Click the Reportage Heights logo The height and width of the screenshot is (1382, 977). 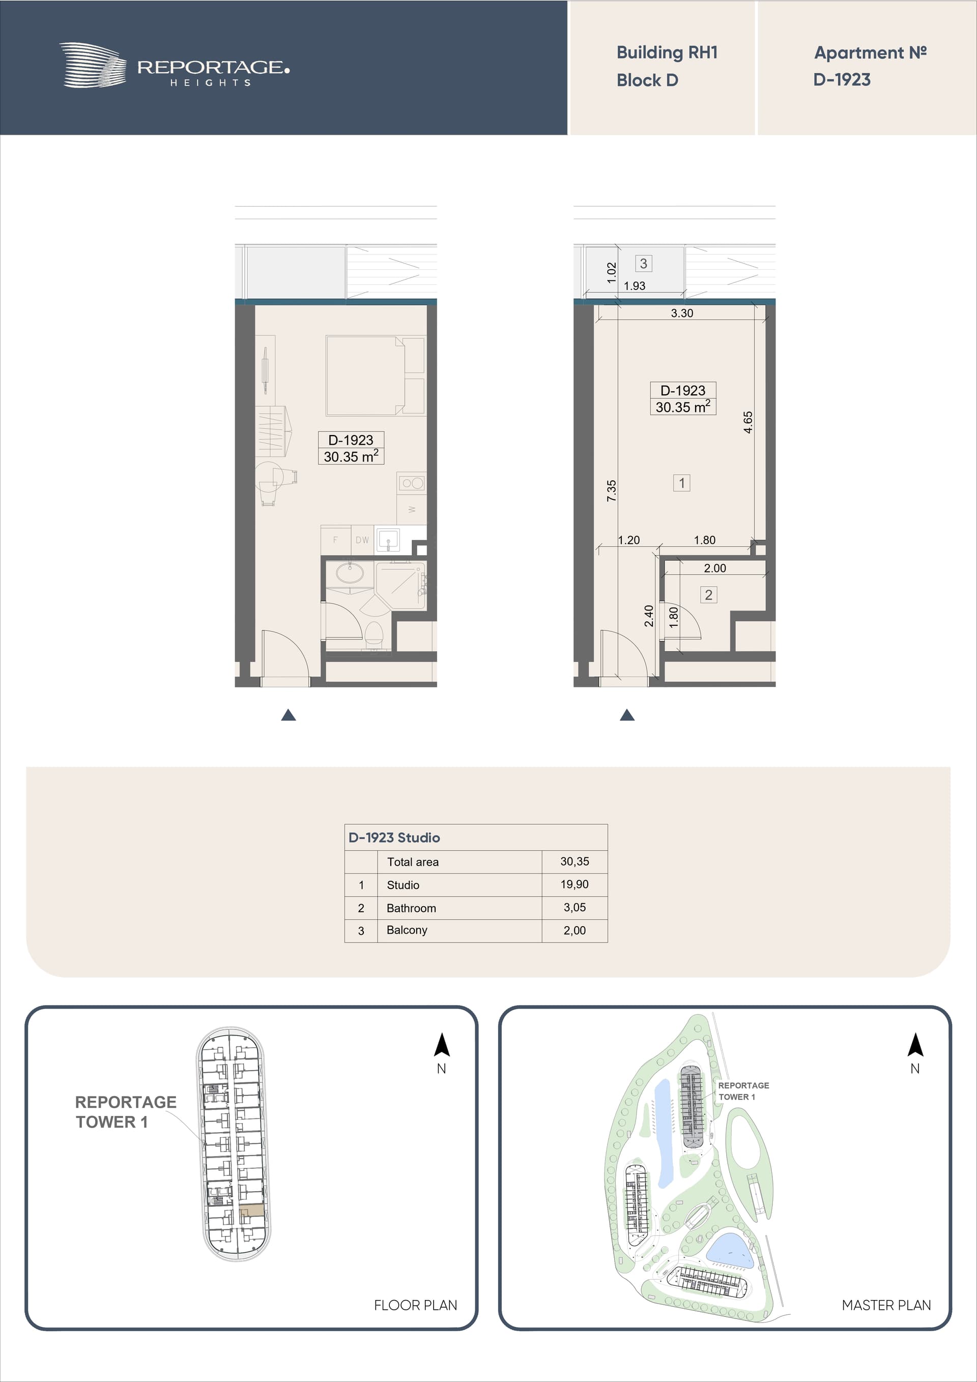pyautogui.click(x=174, y=66)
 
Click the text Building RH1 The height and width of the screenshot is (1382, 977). pyautogui.click(x=667, y=53)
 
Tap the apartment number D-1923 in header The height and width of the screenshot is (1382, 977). pyautogui.click(x=842, y=80)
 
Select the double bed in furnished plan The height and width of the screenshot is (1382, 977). pyautogui.click(x=375, y=376)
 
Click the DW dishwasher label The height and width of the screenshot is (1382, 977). pyautogui.click(x=362, y=540)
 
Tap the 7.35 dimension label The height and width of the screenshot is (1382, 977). pyautogui.click(x=611, y=491)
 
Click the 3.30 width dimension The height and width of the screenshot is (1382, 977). pyautogui.click(x=682, y=313)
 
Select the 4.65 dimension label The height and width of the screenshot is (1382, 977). pyautogui.click(x=748, y=422)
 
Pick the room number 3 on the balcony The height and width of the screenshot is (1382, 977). pyautogui.click(x=644, y=264)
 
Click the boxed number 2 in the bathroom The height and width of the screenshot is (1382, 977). pyautogui.click(x=708, y=595)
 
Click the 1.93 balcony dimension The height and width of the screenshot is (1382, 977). pyautogui.click(x=635, y=286)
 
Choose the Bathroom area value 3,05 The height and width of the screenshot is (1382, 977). pyautogui.click(x=575, y=907)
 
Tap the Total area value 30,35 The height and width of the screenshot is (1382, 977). pyautogui.click(x=575, y=861)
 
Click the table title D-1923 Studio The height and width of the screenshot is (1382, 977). pyautogui.click(x=394, y=837)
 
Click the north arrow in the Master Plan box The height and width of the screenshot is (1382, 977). pyautogui.click(x=915, y=1045)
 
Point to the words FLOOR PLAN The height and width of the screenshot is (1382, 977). pyautogui.click(x=415, y=1305)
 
